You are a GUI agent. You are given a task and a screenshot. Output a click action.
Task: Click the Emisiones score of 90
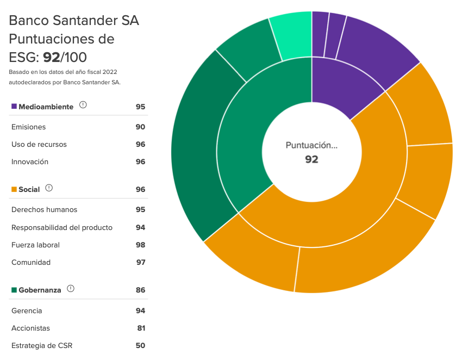[x=140, y=127]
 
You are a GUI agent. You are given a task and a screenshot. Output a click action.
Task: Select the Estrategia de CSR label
[x=42, y=345]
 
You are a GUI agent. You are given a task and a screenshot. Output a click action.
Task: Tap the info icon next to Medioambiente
[x=83, y=105]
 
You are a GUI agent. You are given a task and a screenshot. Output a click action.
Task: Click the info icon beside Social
[x=49, y=188]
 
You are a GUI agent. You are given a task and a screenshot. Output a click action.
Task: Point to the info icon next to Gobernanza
[x=71, y=289]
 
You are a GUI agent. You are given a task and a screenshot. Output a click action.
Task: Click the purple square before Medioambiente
[x=14, y=107]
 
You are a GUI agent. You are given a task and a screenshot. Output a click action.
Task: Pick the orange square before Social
[x=14, y=189]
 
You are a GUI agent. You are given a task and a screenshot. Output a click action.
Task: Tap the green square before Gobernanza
[x=14, y=290]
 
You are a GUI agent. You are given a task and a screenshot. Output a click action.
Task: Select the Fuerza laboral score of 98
[x=140, y=245]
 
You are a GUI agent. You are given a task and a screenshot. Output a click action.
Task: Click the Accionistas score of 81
[x=141, y=328]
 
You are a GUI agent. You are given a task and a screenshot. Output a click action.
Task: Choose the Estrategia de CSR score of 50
[x=140, y=345]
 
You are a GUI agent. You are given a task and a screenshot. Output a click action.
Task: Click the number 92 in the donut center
[x=311, y=159]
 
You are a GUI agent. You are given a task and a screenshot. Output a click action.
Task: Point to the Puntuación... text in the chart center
[x=311, y=145]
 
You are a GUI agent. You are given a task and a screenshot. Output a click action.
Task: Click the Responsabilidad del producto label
[x=62, y=227]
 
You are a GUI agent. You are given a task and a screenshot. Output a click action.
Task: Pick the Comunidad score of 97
[x=140, y=262]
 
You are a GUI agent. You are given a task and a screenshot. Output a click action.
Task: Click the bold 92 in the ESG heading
[x=52, y=57]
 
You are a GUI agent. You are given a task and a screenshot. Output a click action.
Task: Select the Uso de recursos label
[x=39, y=144]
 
